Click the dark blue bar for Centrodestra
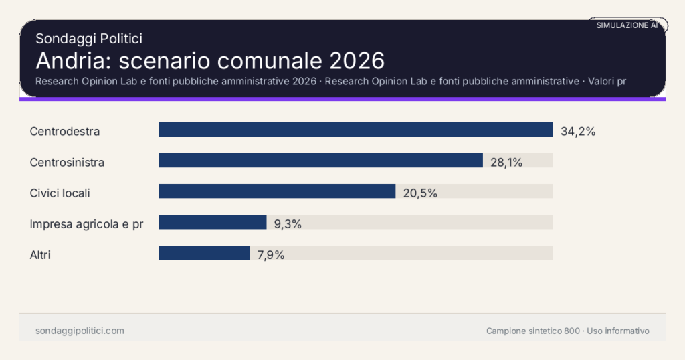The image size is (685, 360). (x=355, y=130)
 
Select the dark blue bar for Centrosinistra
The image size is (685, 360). (x=320, y=161)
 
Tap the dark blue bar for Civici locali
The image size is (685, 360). (x=277, y=191)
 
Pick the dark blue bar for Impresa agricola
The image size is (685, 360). (x=213, y=222)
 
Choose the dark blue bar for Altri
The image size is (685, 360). (x=204, y=253)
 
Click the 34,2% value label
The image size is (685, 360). (x=578, y=131)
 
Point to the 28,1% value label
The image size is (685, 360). (x=506, y=162)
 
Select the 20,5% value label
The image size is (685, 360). (x=420, y=193)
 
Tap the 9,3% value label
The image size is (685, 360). (x=288, y=223)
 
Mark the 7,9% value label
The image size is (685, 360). (x=271, y=254)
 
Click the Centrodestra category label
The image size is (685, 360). (x=65, y=131)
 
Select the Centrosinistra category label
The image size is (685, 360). (x=67, y=162)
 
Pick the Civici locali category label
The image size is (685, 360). (x=60, y=193)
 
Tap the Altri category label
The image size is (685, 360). (x=40, y=254)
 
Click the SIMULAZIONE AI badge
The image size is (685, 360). (x=627, y=25)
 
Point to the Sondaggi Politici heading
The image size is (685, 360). (x=89, y=39)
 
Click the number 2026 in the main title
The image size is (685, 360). (x=358, y=60)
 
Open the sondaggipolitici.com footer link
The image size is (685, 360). (x=80, y=331)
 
